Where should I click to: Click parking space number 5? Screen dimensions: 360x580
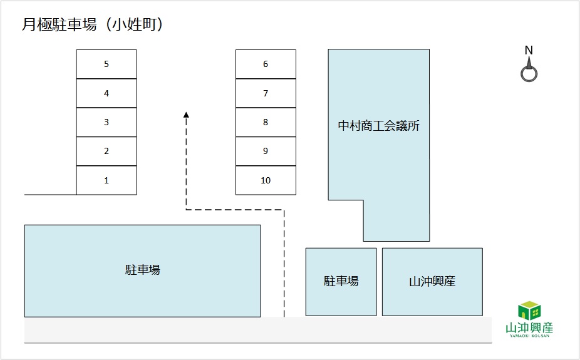pos(106,64)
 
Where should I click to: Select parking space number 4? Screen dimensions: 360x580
pos(106,93)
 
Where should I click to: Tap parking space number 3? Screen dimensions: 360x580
pos(106,122)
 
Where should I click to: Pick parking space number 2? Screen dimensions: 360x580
pos(106,151)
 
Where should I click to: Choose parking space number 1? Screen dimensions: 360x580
pos(106,180)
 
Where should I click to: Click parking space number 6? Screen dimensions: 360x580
pos(266,64)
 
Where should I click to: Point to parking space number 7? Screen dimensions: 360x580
pos(266,93)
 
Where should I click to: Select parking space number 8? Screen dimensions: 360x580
pos(266,122)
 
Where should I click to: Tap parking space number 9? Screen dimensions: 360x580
pos(266,151)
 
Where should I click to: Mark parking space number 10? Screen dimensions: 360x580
pos(266,180)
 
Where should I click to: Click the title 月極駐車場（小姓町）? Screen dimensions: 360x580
pos(93,24)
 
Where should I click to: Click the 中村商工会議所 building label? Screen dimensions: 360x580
pos(378,126)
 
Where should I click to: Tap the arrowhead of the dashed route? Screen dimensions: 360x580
pos(186,114)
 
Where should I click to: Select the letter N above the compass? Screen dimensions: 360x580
pos(529,50)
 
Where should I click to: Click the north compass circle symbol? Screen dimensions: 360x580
pos(529,75)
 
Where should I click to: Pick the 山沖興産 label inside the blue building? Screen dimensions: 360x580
pos(432,282)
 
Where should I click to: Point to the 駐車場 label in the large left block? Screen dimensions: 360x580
pos(143,270)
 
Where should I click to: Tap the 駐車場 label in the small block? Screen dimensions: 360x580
pos(341,282)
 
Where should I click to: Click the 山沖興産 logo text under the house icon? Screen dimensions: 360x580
pos(530,328)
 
